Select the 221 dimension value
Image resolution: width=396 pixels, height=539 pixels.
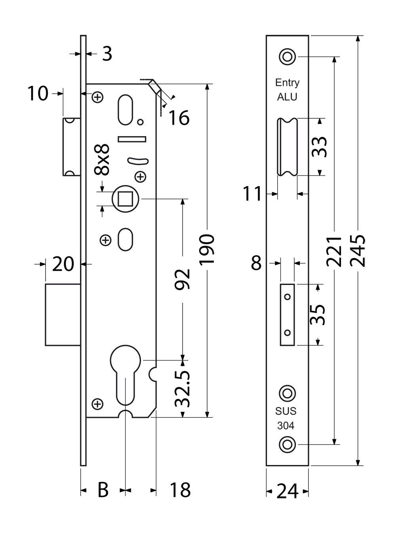click(335, 251)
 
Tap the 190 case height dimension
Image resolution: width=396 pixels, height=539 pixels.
click(207, 250)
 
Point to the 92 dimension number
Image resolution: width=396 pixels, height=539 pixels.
click(183, 279)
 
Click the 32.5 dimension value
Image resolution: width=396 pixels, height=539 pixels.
click(183, 389)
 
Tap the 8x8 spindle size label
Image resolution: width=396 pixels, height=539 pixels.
click(102, 159)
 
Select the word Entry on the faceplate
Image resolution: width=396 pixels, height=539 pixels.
click(287, 83)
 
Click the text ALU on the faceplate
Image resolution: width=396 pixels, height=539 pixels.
click(287, 97)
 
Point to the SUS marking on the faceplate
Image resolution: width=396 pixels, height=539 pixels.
click(286, 411)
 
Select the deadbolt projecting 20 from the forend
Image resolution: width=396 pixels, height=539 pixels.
click(63, 315)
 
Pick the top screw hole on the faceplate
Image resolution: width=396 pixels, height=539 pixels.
click(287, 56)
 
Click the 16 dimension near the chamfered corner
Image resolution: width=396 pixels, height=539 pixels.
click(179, 118)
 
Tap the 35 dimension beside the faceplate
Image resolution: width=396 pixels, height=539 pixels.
click(319, 314)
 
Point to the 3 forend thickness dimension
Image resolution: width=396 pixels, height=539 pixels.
click(107, 54)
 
